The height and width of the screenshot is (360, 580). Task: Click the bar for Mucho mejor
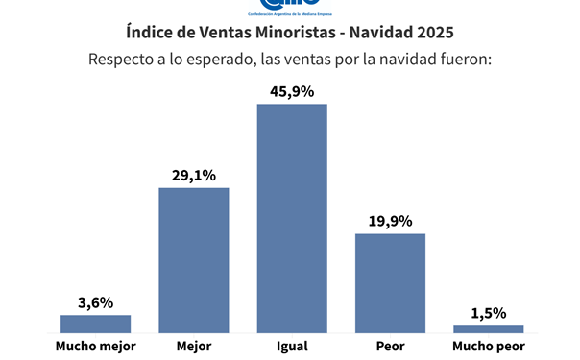(96, 324)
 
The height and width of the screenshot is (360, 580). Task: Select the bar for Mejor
(194, 259)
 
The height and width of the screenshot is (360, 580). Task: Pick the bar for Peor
(390, 282)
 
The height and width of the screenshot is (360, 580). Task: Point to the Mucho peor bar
(488, 328)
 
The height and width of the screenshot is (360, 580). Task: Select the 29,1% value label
(194, 175)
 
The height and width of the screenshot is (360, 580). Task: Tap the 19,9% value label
(390, 221)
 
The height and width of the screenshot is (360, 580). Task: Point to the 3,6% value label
(96, 302)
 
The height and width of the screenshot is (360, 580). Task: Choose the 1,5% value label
(488, 313)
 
